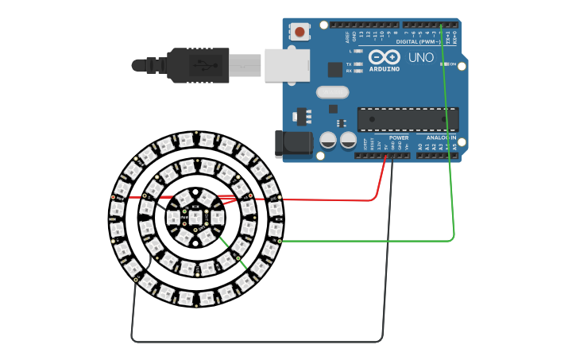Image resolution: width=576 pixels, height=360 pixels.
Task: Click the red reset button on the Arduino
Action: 300,32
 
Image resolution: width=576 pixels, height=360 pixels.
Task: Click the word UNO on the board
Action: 420,58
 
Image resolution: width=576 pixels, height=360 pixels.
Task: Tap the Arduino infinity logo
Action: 385,57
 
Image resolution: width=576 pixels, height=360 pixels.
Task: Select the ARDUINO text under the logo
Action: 385,69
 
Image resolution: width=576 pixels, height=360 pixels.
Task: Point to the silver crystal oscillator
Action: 332,92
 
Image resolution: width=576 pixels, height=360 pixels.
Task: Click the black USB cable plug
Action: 198,65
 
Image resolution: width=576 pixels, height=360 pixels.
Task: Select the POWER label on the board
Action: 399,137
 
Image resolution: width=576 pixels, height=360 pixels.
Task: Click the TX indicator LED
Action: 358,64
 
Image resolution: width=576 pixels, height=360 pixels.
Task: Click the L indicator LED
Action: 358,51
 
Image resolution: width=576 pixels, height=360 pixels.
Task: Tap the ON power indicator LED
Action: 445,64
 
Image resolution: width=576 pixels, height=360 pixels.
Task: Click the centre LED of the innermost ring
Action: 195,215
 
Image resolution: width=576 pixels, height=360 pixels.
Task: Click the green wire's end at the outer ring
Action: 280,239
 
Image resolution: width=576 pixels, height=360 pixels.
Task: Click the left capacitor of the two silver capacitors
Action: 327,141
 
